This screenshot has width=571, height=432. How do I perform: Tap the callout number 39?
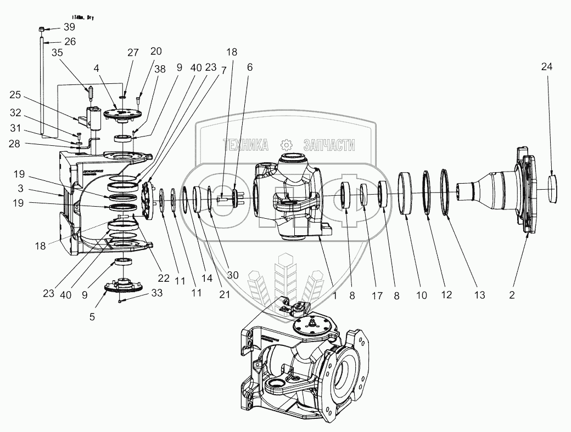click(69, 27)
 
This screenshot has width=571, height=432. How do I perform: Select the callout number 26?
click(69, 41)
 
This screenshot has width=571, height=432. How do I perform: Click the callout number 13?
click(480, 295)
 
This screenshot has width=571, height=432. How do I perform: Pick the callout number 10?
click(421, 295)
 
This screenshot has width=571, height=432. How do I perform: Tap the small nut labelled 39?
click(42, 29)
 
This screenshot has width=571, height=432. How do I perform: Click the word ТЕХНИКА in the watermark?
click(245, 145)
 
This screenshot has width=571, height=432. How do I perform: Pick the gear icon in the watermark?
click(285, 145)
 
